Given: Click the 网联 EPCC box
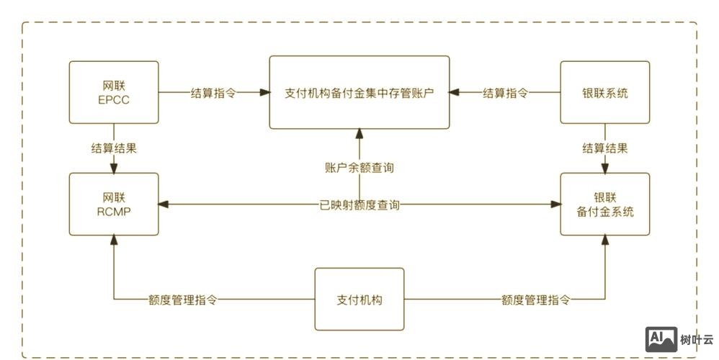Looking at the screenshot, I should click(114, 92).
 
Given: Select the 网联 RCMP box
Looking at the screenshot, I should click(114, 204).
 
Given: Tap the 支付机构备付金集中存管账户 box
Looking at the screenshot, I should click(359, 93).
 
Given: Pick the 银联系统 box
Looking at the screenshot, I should click(605, 92).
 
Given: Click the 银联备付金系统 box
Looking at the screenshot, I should click(605, 204).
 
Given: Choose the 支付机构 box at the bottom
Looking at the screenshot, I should click(359, 299).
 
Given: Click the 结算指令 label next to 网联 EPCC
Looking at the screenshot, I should click(213, 93).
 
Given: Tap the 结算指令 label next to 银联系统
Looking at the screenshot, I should click(505, 93).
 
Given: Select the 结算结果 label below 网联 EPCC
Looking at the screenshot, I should click(114, 148).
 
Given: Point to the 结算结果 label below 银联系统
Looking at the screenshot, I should click(605, 148).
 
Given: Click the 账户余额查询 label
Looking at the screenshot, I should click(359, 168).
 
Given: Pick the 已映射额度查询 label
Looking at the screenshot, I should click(359, 205).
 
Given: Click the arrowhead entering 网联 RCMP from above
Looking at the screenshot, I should click(114, 168).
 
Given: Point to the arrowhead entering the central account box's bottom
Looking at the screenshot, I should click(359, 134).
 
